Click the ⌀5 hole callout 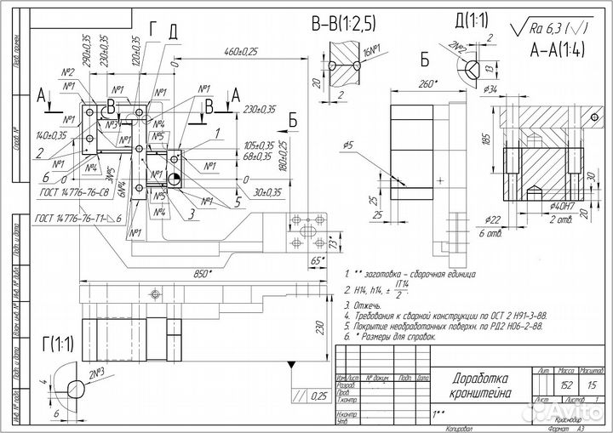[350, 145]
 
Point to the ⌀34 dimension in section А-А [491, 88]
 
